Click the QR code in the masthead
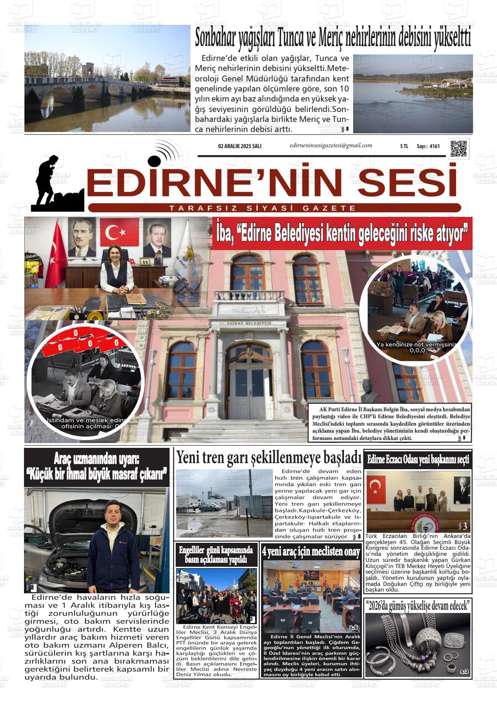click(458, 148)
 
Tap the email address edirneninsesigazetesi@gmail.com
click(330, 146)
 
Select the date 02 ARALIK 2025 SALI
click(239, 146)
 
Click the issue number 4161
click(434, 146)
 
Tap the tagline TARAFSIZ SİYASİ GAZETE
click(263, 208)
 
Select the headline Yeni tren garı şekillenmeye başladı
click(269, 457)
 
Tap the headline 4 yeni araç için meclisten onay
click(311, 552)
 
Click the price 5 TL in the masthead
click(404, 146)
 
